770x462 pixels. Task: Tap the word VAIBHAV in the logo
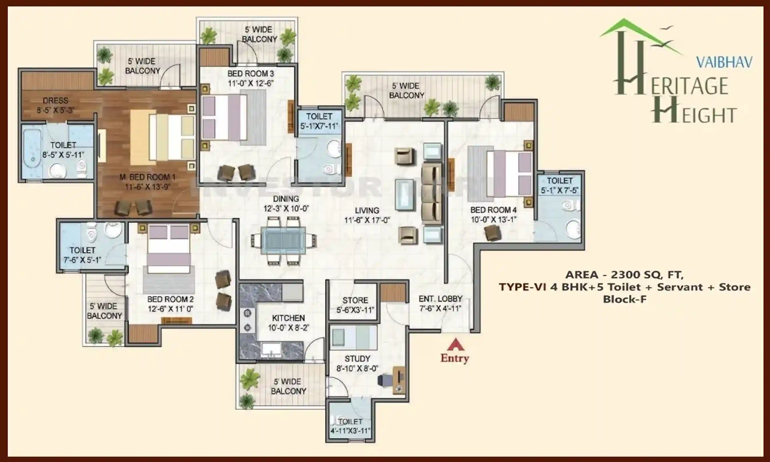pos(724,62)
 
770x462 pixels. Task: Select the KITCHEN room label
pos(288,318)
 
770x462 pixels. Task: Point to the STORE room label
pos(355,300)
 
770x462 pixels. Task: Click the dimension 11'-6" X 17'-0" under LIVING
pos(367,220)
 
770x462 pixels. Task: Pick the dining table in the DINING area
pos(283,241)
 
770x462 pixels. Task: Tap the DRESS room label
pos(55,101)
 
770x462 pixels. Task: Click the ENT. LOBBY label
pos(440,299)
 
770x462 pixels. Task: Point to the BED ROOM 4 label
pos(493,210)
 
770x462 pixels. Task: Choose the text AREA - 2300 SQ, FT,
pos(624,275)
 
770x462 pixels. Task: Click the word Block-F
pos(625,299)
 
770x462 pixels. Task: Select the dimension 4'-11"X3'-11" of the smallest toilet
pos(350,431)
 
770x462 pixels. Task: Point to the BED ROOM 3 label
pos(251,74)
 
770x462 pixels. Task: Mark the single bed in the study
pos(354,338)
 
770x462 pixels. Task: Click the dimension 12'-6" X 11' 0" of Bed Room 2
pos(170,309)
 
